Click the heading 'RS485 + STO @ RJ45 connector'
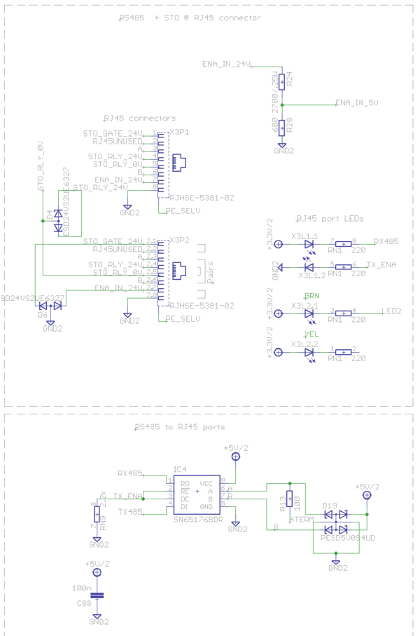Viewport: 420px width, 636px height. [190, 18]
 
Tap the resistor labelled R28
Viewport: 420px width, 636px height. [281, 127]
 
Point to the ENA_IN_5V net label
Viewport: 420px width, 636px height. [356, 103]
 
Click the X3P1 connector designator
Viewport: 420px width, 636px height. [180, 132]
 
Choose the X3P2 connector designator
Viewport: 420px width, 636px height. [180, 240]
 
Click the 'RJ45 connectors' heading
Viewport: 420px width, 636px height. [139, 118]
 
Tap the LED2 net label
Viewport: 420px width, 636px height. [391, 311]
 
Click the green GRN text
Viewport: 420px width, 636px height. [311, 295]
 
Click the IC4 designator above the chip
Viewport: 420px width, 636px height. [180, 469]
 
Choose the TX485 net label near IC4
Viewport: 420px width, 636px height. [129, 512]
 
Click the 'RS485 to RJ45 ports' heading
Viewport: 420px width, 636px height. [180, 426]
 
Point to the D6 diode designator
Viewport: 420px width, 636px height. [43, 315]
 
